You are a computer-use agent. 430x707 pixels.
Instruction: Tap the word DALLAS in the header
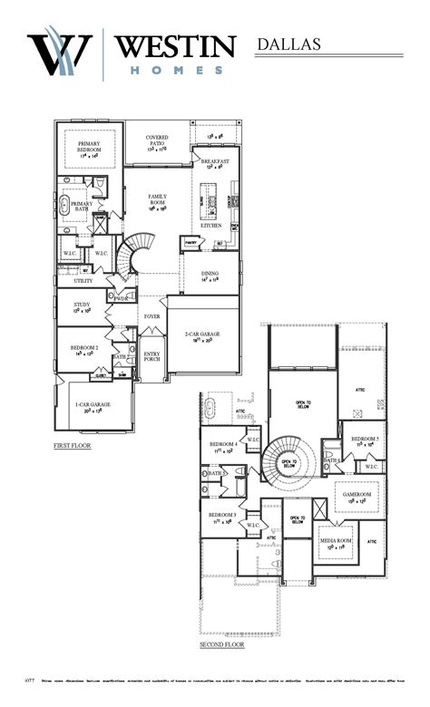[288, 43]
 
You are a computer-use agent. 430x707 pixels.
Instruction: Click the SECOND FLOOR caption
[222, 644]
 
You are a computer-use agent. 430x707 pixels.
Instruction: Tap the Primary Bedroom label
[89, 147]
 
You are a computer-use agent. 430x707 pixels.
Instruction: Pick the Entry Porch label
[151, 356]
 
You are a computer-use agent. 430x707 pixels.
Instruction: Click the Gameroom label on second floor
[354, 495]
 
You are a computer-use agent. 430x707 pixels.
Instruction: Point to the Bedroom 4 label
[223, 445]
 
